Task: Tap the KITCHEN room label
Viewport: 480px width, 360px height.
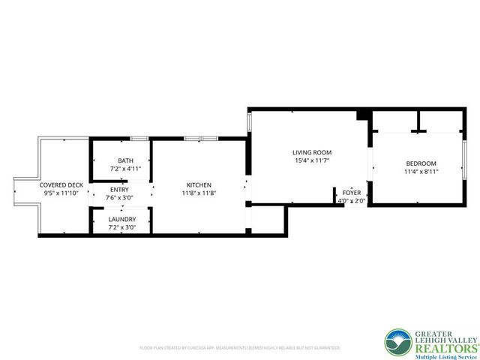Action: point(199,184)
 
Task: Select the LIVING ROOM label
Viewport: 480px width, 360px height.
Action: point(311,152)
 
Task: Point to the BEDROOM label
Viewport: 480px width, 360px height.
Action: point(421,163)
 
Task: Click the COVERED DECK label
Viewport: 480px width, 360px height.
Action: point(61,184)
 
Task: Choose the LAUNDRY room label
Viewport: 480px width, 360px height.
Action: point(123,220)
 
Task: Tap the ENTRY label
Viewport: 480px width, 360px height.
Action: point(120,190)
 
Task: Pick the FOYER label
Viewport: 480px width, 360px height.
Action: point(352,193)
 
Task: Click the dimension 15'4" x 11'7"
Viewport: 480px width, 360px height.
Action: point(311,160)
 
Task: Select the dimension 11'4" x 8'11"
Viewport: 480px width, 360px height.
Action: point(421,171)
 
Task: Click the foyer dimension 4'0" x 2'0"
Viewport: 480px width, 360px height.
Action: point(352,200)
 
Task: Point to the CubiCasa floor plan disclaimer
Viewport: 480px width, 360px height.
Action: point(240,348)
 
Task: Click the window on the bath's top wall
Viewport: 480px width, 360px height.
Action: point(138,139)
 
